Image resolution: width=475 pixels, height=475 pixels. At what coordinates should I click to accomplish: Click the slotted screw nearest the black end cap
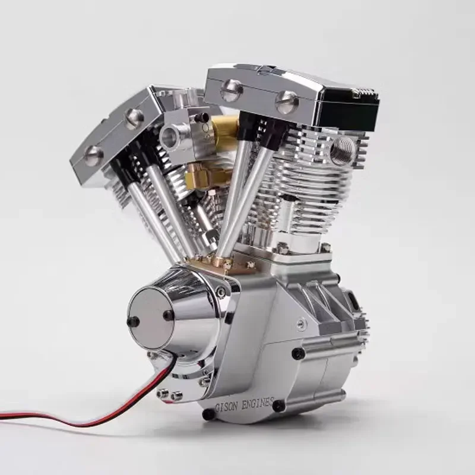point(287,103)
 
